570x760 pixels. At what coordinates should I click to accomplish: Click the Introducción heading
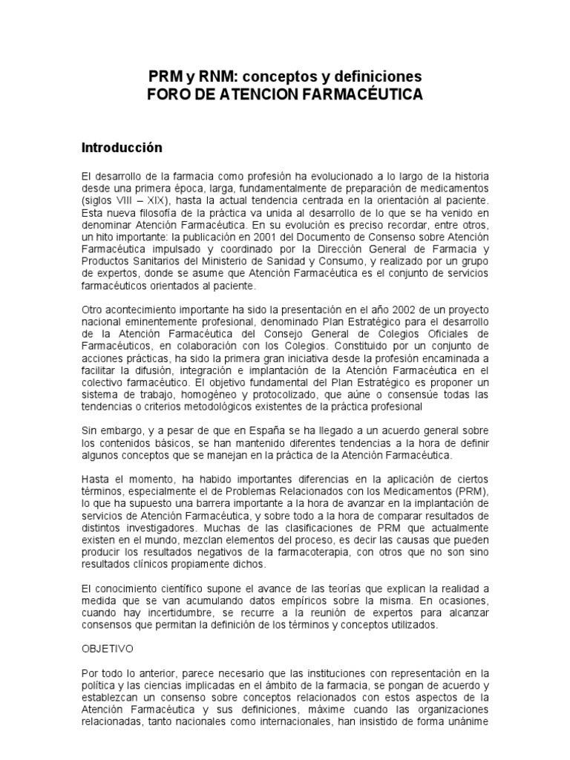[122, 148]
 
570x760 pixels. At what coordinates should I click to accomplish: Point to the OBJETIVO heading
[108, 648]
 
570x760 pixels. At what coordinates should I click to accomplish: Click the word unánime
[467, 721]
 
